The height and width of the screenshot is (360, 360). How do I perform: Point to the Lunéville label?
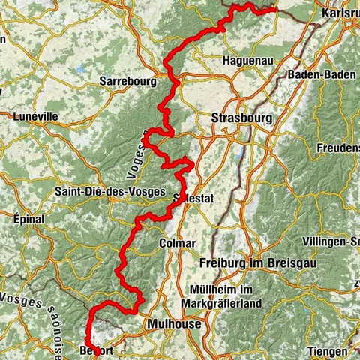click(x=35, y=116)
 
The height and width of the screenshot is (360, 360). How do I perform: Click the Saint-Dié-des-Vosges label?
click(x=109, y=192)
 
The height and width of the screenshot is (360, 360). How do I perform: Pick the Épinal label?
click(x=28, y=219)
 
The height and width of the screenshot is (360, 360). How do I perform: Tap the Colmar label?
click(x=178, y=243)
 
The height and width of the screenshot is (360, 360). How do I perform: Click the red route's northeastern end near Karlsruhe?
click(x=276, y=10)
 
